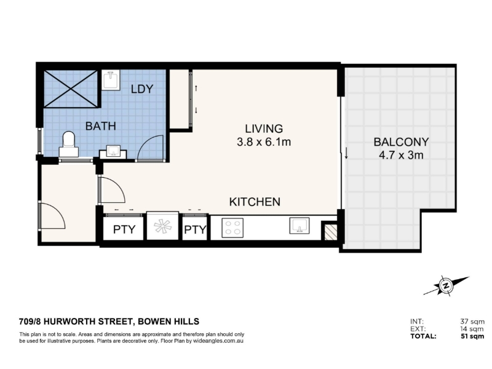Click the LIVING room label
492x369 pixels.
tap(264, 129)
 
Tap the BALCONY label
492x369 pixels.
tap(401, 142)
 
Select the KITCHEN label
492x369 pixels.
tap(255, 202)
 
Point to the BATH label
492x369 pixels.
tap(101, 126)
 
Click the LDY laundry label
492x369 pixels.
tap(142, 89)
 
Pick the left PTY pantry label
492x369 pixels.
tap(124, 229)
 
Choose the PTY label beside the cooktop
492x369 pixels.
tap(195, 230)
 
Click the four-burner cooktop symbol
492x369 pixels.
tap(232, 228)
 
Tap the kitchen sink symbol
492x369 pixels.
tap(300, 226)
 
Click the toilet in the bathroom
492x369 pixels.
tap(69, 145)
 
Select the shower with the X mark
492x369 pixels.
tap(71, 89)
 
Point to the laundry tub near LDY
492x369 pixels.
tap(111, 81)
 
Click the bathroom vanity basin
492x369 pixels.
tap(113, 152)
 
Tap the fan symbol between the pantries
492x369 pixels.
tap(163, 226)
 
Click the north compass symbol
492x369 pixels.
tap(446, 285)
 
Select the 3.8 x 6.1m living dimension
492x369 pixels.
tap(264, 142)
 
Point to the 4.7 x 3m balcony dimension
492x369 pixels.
tap(401, 155)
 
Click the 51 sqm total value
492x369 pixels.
tap(472, 336)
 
